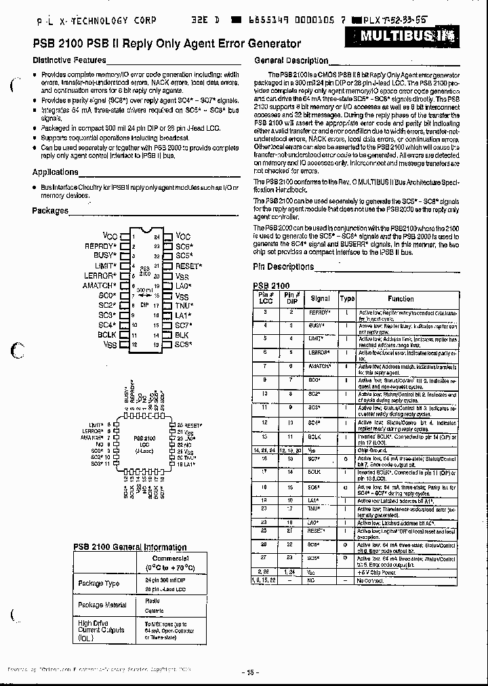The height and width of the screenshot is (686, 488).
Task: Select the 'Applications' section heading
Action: (x=56, y=172)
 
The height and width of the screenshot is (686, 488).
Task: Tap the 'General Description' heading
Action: (x=291, y=60)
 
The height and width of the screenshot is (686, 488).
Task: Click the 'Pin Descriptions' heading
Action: (x=283, y=267)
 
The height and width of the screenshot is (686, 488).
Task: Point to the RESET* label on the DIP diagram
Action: (x=188, y=266)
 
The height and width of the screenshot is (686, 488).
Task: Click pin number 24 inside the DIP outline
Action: (x=157, y=237)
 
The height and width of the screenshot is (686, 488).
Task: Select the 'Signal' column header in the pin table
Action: (x=320, y=298)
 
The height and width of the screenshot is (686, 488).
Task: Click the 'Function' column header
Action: (x=401, y=298)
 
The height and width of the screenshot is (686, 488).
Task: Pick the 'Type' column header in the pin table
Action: (x=347, y=298)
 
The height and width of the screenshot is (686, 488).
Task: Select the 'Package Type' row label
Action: (x=99, y=583)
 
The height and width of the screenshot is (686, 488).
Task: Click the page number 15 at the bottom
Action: (x=249, y=672)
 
